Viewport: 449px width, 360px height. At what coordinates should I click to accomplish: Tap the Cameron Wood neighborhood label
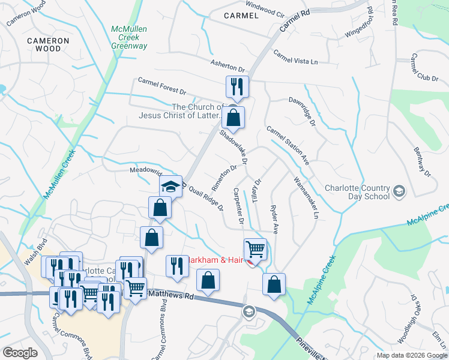[x=48, y=44]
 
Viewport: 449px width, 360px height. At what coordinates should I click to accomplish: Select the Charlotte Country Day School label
[x=357, y=191]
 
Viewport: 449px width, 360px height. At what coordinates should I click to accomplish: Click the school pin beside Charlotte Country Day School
[x=399, y=191]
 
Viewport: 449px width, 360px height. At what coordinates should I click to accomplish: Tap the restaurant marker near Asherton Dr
[x=237, y=88]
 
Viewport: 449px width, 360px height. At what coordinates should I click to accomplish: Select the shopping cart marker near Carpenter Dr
[x=255, y=249]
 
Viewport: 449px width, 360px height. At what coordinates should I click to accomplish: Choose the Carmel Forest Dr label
[x=161, y=85]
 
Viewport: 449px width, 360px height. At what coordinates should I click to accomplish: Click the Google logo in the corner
[x=20, y=353]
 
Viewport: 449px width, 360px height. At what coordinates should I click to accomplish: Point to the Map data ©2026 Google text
[x=411, y=355]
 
